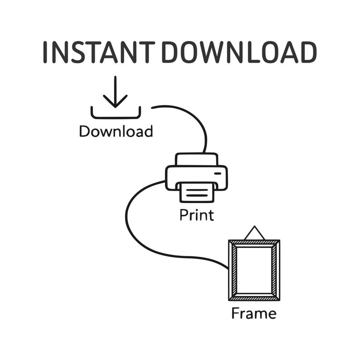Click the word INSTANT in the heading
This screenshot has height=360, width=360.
point(99,52)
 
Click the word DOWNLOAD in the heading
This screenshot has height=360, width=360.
point(239,52)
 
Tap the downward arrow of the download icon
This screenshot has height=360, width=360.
point(115,92)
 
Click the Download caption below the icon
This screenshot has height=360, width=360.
point(116,131)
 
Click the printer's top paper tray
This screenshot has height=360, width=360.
point(196,159)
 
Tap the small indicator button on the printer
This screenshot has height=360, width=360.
point(218,173)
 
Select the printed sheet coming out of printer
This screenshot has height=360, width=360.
point(197,193)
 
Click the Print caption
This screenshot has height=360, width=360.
point(197,215)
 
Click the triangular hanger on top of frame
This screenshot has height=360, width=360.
point(254,233)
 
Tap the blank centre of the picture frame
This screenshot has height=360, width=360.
point(254,270)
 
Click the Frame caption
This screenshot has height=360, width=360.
point(254,313)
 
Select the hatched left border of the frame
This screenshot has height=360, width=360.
point(233,270)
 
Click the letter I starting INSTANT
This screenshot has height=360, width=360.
point(45,52)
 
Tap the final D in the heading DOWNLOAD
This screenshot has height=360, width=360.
point(309,52)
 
